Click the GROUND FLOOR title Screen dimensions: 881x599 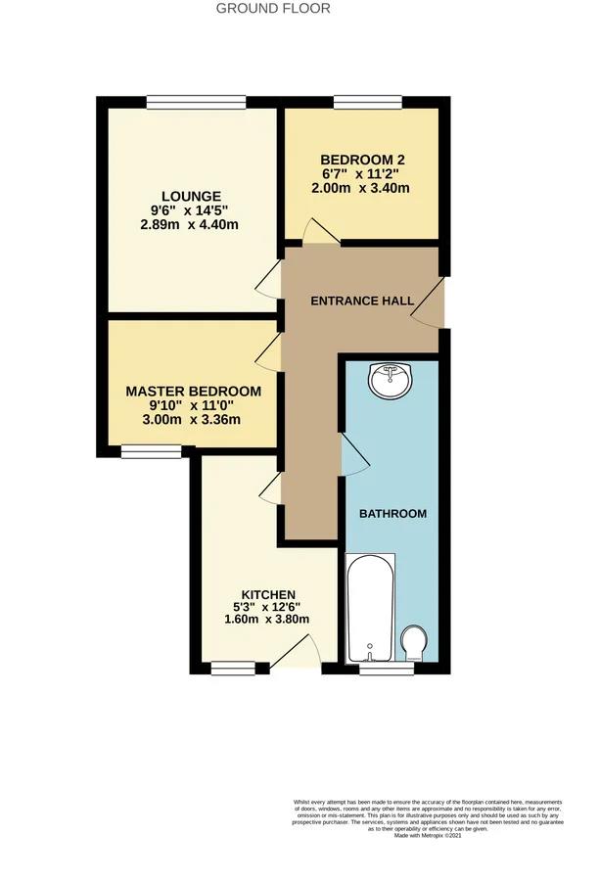coord(273,9)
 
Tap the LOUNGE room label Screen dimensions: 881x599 coord(192,196)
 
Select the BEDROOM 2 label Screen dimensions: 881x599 coord(362,161)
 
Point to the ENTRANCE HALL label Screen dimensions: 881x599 coord(362,301)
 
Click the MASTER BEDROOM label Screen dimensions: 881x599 coord(194,392)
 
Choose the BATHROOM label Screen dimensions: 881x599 coord(393,514)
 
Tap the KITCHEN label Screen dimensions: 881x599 coord(269,595)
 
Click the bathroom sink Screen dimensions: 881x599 coord(391,380)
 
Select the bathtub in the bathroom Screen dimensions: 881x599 coord(370,607)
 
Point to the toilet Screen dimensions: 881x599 coord(414,643)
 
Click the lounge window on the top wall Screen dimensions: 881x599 coord(196,100)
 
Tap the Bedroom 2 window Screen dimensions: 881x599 coord(367,100)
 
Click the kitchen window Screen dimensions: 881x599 coord(233,669)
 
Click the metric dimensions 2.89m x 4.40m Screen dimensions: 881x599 coord(190,225)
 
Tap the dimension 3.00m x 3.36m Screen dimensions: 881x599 coord(194,421)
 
